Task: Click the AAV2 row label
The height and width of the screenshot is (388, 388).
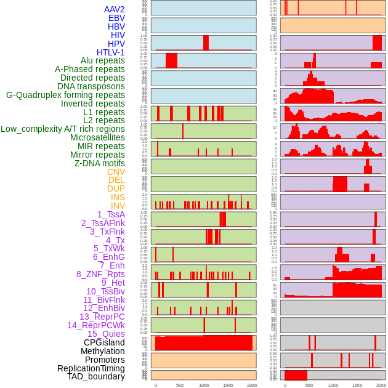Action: pos(114,9)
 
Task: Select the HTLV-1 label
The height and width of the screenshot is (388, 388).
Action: pos(110,52)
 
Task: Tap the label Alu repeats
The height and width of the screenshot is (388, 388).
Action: pos(102,60)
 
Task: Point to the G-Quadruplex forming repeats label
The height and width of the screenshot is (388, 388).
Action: pos(65,95)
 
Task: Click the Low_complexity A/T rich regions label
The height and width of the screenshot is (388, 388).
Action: pos(63,129)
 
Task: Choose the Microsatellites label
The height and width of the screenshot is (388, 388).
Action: pos(97,137)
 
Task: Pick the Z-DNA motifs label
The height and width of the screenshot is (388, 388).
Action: pos(99,163)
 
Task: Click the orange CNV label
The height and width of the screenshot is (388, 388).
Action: pos(116,172)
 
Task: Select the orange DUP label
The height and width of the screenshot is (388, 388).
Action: pos(116,188)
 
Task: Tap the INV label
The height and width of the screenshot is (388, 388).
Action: pos(118,206)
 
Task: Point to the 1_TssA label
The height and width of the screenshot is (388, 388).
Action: pos(111,214)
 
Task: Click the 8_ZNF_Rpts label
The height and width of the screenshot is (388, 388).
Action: pos(100,274)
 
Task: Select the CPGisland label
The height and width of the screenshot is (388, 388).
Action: pos(104,342)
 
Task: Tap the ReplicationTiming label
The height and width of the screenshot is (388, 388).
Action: pos(91,368)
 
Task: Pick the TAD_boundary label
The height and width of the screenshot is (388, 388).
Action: pos(96,376)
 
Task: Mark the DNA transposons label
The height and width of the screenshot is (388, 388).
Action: pos(91,86)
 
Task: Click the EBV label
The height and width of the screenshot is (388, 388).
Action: pos(116,18)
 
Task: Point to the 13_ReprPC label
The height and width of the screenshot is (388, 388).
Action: pos(102,317)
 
